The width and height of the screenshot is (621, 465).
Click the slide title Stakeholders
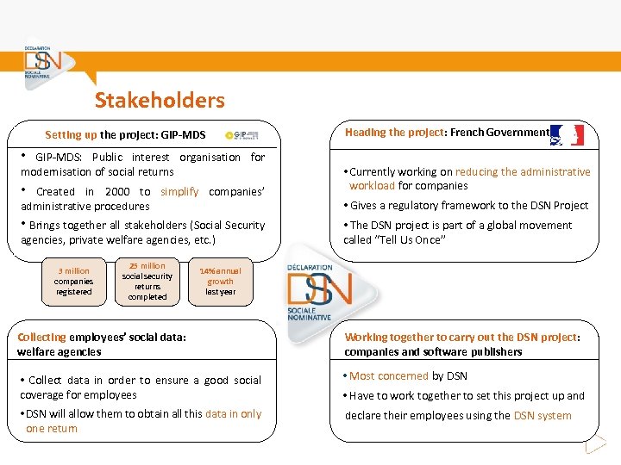(x=160, y=100)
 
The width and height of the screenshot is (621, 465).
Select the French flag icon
(x=568, y=134)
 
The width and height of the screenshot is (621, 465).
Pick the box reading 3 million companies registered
(x=73, y=281)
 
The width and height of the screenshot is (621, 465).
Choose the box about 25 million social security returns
(x=147, y=281)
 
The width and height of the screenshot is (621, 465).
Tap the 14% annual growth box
(x=220, y=281)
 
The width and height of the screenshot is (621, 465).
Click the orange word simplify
(x=179, y=191)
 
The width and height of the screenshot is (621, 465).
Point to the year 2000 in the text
(x=117, y=191)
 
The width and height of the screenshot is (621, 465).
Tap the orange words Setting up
(x=71, y=135)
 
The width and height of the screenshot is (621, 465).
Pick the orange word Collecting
(x=41, y=337)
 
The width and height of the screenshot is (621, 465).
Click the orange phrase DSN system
(x=543, y=415)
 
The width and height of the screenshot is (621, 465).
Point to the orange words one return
(x=52, y=428)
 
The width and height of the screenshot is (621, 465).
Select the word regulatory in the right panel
(x=428, y=205)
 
